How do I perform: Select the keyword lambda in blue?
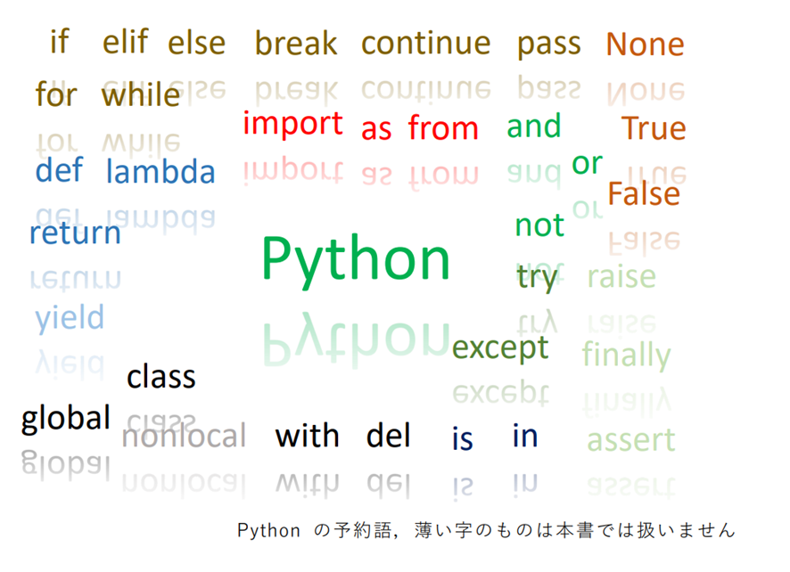[x=160, y=171]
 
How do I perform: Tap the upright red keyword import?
[x=292, y=125]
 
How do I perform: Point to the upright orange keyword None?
[x=645, y=44]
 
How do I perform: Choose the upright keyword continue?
[x=425, y=43]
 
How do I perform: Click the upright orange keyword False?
[x=643, y=193]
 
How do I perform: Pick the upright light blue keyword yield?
[x=70, y=318]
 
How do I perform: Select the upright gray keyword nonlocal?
[x=184, y=437]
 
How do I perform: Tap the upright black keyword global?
[x=66, y=418]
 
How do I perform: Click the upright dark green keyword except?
[x=500, y=347]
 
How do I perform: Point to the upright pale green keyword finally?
[x=626, y=355]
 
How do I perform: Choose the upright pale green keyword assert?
[x=630, y=440]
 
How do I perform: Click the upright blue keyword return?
[x=75, y=233]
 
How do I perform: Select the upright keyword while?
[x=141, y=94]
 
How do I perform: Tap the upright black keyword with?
[x=307, y=436]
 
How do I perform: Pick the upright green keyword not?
[x=539, y=225]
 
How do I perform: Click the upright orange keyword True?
[x=654, y=128]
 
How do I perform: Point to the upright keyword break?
[x=296, y=43]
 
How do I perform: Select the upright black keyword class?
[x=160, y=377]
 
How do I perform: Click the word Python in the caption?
[x=268, y=531]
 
